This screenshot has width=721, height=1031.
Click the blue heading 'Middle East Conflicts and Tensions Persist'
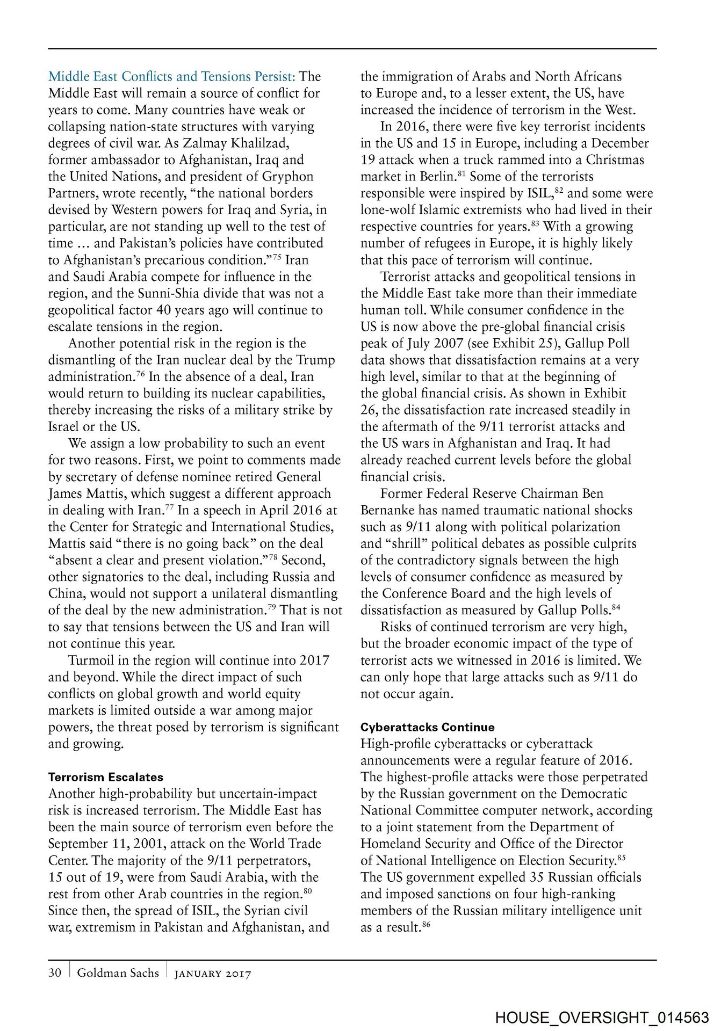171,76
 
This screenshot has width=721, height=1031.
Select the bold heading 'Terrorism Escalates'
106,777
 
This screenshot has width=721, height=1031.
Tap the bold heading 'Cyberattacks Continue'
427,727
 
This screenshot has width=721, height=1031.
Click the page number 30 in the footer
55,972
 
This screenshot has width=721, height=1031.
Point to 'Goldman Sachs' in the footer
118,972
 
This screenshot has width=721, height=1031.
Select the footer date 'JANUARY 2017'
213,974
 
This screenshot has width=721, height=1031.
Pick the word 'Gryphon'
287,177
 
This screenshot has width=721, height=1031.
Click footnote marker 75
277,257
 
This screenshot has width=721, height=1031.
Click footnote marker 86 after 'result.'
427,924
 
